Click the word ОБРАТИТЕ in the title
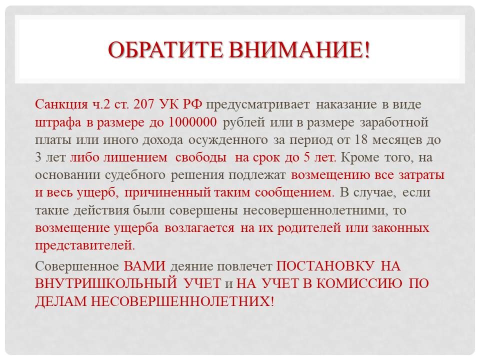(x=165, y=49)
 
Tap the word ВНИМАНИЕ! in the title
(x=299, y=49)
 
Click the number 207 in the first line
(x=144, y=104)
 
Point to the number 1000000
(x=192, y=122)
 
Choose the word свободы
(x=201, y=157)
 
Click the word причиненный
(x=168, y=193)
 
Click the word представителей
(x=85, y=246)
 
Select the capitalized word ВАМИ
(x=144, y=266)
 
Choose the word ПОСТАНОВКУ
(x=325, y=266)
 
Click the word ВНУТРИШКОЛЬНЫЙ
(x=106, y=283)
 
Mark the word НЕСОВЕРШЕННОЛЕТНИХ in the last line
(x=180, y=301)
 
